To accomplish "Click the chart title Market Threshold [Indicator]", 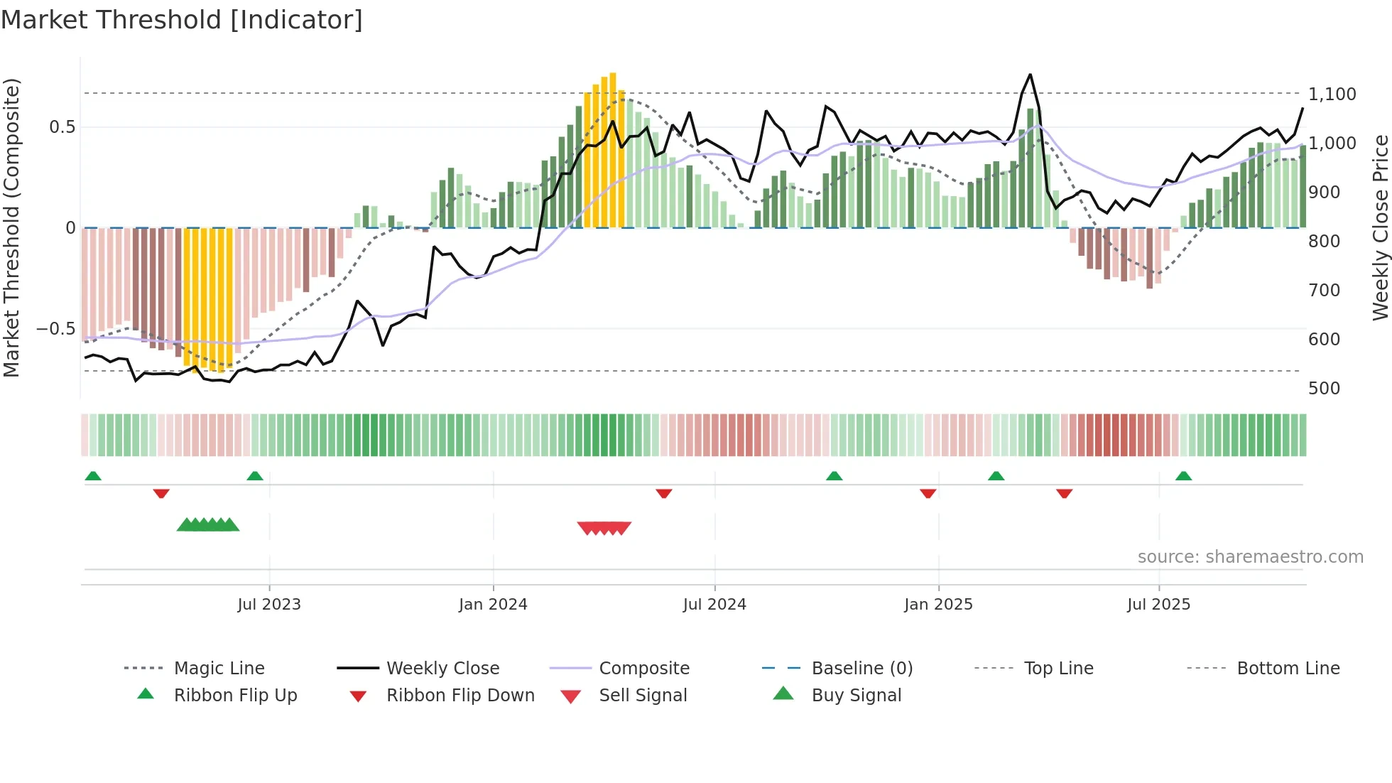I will click(x=182, y=20).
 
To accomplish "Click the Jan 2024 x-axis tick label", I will click(x=493, y=605).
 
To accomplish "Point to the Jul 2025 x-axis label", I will click(x=1158, y=605).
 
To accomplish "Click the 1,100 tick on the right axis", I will click(x=1332, y=94).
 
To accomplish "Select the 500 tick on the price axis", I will click(x=1324, y=389).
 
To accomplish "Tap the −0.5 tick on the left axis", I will click(x=55, y=329).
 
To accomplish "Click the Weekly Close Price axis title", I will click(x=1380, y=227).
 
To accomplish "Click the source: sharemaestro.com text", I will click(x=1250, y=557).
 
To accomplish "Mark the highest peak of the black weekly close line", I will click(x=1030, y=75).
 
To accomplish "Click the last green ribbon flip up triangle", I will click(x=1183, y=476).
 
